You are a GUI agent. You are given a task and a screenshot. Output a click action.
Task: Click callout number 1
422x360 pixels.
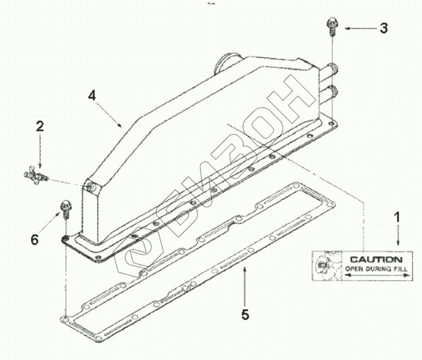[x=397, y=216]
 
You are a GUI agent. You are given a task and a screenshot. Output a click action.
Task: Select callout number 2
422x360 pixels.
[x=40, y=127]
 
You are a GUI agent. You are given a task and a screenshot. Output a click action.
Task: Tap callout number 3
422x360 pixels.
[x=383, y=28]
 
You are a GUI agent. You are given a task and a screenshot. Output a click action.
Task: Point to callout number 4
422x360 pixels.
[x=91, y=96]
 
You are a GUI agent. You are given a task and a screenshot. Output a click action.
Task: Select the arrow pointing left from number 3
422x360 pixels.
[x=358, y=28]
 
